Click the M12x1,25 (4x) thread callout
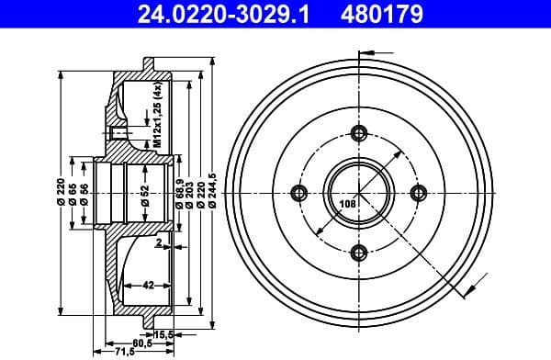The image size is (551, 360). pyautogui.click(x=157, y=116)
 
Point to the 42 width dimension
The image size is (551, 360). pyautogui.click(x=148, y=286)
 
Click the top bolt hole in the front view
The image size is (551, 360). pyautogui.click(x=359, y=133)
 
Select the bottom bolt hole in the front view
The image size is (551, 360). pyautogui.click(x=359, y=252)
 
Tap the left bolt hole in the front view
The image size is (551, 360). pyautogui.click(x=299, y=192)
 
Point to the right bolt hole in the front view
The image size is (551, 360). pyautogui.click(x=419, y=192)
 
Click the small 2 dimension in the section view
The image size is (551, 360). pyautogui.click(x=158, y=244)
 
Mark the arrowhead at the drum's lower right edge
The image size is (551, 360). pyautogui.click(x=469, y=292)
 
